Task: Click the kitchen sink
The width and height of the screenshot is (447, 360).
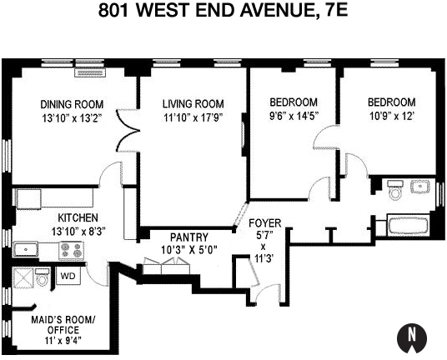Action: coord(27,248)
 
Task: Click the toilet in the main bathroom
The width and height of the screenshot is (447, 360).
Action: coord(395,193)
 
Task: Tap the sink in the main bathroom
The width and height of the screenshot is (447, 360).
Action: coord(419,187)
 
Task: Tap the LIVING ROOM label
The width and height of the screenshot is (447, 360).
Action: coord(193,103)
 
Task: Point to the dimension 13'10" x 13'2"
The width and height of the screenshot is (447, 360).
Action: coord(72,118)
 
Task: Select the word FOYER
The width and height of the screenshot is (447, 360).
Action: coord(266,223)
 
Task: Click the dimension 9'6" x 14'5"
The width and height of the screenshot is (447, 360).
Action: coord(293,117)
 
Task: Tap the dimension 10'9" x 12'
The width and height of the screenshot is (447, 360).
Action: coord(391,117)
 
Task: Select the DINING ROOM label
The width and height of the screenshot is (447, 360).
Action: coord(72,104)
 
